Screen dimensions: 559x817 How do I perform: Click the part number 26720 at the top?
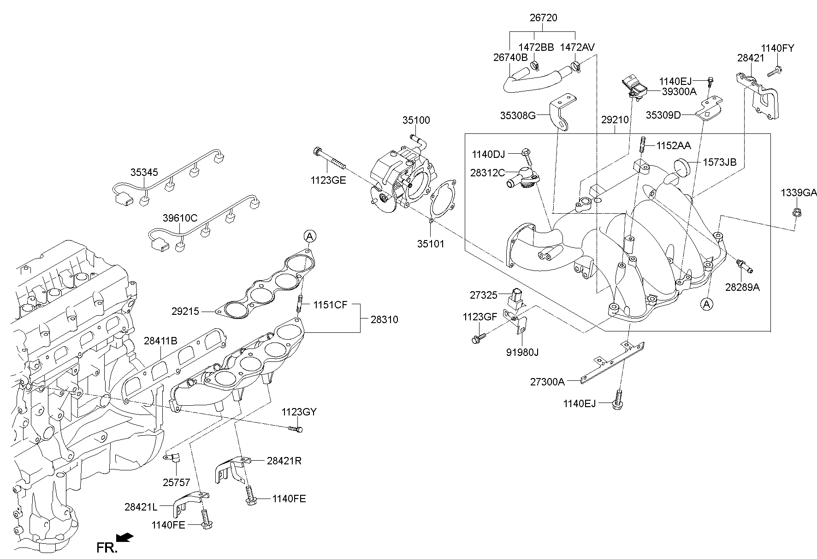(543, 18)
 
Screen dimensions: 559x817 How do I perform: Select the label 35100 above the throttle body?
(416, 120)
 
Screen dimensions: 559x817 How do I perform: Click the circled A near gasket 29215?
(310, 236)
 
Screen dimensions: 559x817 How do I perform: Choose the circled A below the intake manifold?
(706, 304)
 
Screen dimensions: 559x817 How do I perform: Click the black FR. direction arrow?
(124, 537)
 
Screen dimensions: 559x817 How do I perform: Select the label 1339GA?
(799, 192)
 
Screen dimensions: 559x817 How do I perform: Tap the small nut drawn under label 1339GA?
(796, 213)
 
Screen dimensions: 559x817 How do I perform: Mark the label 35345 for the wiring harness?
(144, 172)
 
